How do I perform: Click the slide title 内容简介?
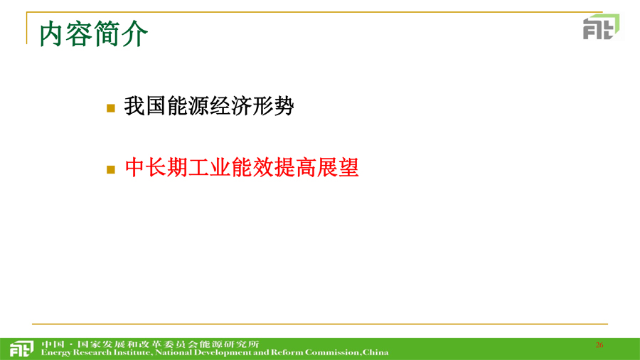point(93,34)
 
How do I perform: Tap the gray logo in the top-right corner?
point(601,27)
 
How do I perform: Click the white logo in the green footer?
point(21,349)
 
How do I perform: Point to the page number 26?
point(599,345)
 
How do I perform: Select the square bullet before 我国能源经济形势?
point(111,107)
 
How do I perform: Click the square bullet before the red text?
point(111,169)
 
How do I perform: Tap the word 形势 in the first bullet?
point(272,106)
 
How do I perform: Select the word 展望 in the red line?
point(338,167)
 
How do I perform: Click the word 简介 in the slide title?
point(121,34)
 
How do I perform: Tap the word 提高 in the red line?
point(295,167)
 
